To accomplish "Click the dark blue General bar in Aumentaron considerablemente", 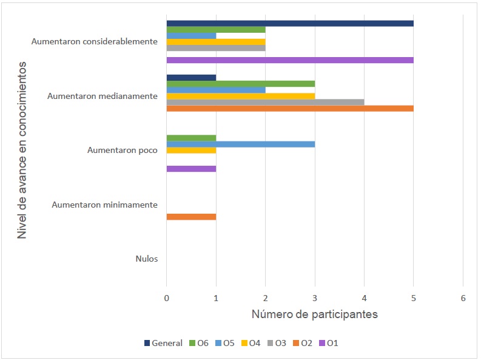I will [289, 24].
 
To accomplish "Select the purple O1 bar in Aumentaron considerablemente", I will [289, 60].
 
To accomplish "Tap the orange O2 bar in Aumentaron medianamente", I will [289, 109].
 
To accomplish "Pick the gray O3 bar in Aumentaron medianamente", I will [265, 102].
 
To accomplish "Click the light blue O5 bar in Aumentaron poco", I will [240, 144].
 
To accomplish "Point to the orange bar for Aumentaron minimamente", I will [191, 217].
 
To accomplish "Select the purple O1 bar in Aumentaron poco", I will [191, 169].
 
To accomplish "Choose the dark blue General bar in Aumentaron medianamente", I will [191, 78].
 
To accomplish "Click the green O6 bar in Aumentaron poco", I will [191, 138].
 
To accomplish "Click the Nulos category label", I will [147, 259].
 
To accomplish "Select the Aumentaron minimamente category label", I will [104, 205].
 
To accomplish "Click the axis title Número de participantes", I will [314, 314].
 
